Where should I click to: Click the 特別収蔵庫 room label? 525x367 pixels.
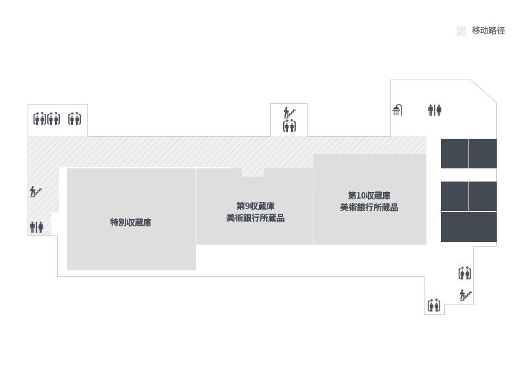tap(131, 222)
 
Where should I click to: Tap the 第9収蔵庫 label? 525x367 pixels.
tap(255, 206)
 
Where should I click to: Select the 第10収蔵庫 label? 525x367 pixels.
tap(369, 196)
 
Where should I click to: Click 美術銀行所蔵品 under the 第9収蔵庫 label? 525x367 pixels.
tap(255, 218)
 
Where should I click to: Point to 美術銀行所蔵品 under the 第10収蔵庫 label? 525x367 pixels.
tap(369, 207)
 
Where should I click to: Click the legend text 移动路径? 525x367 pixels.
tap(488, 31)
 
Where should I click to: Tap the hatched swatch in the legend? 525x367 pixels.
tap(461, 31)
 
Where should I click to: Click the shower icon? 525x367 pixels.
tap(397, 110)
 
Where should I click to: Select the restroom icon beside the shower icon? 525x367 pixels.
tap(434, 110)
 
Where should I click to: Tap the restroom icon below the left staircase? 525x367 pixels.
tap(36, 227)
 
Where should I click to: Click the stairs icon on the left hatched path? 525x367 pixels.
tap(35, 192)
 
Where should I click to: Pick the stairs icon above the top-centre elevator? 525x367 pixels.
tap(289, 112)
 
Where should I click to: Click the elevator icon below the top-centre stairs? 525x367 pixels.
tap(289, 126)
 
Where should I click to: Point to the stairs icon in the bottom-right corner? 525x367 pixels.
tap(465, 295)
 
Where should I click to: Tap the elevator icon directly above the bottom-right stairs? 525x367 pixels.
tap(465, 273)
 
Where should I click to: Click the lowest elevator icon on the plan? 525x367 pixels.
tap(434, 305)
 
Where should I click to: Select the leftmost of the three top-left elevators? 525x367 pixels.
tap(40, 118)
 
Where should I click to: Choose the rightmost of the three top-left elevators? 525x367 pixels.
tap(74, 118)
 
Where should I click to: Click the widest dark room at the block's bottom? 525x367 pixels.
tap(468, 227)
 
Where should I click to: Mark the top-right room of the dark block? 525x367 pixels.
tap(483, 153)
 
